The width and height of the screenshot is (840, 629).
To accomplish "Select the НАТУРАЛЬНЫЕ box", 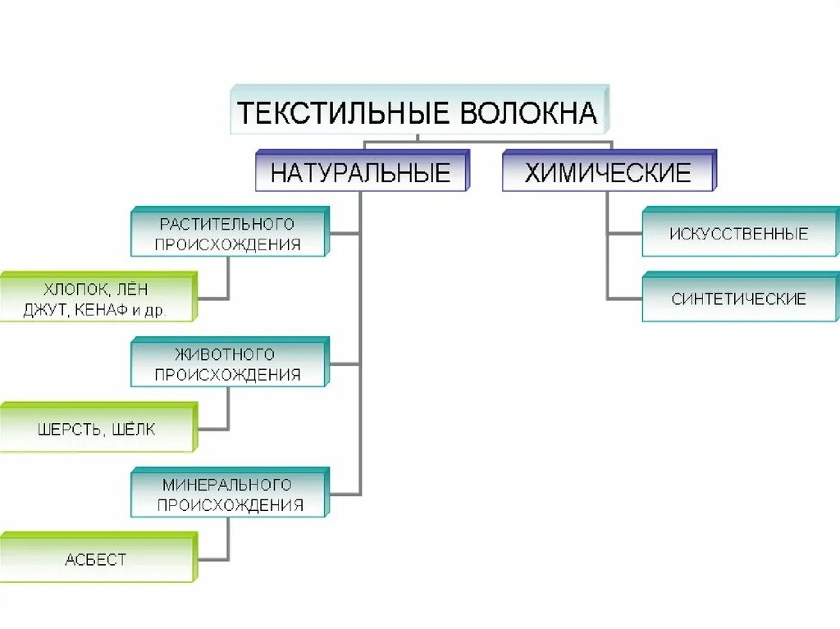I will [x=361, y=173].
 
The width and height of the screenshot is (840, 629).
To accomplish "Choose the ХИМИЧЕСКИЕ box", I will [x=608, y=173].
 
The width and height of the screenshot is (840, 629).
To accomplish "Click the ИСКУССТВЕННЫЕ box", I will [x=738, y=234].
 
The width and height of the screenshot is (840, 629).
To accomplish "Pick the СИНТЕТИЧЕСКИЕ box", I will [x=738, y=299].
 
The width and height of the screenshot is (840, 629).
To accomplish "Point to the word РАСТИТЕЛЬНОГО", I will [x=227, y=223].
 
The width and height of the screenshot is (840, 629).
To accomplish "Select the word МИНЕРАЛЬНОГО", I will [x=227, y=484].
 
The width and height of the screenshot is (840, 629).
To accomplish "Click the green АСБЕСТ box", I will [x=96, y=559].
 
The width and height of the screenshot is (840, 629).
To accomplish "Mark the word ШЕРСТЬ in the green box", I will [x=70, y=429].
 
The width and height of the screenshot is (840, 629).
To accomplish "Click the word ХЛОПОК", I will [x=74, y=289].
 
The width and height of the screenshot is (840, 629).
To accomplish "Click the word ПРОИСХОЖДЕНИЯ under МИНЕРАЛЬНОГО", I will [x=230, y=505].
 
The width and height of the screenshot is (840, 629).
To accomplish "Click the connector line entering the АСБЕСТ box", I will [x=212, y=560].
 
